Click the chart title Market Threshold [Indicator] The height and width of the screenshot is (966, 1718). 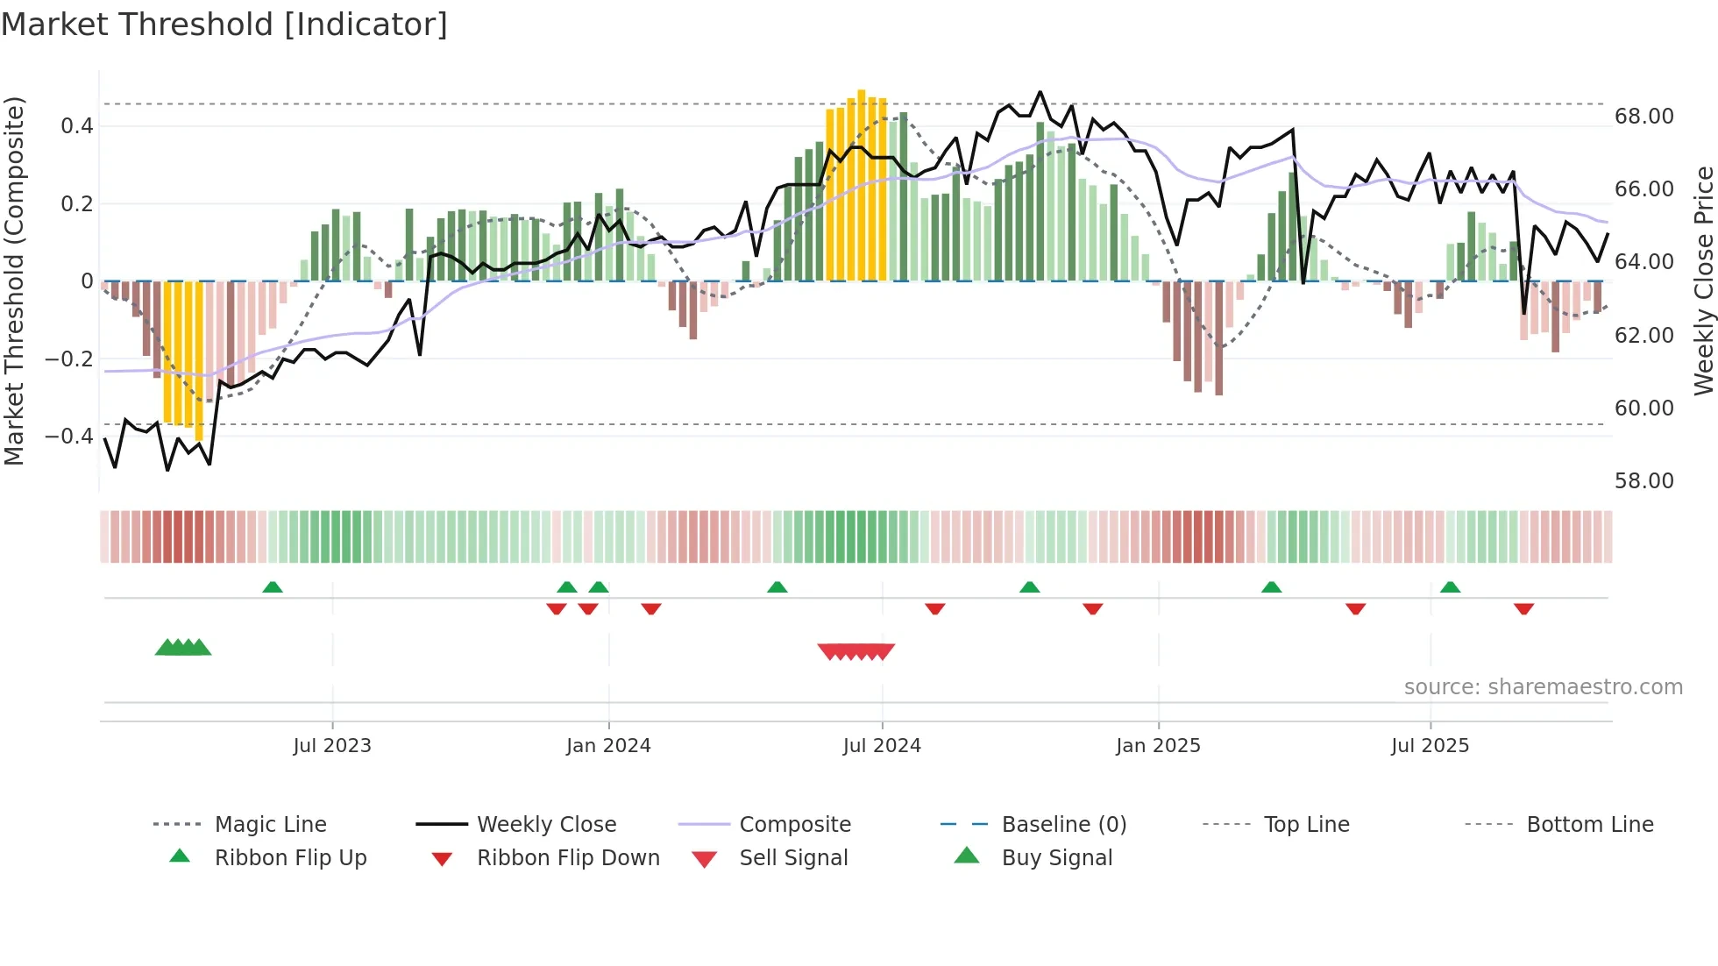(x=224, y=25)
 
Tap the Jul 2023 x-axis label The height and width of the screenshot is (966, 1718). (x=332, y=746)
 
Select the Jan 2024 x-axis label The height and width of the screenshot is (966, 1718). (x=608, y=746)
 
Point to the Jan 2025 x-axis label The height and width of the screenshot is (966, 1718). (x=1158, y=746)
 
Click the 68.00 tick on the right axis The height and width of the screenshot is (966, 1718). (x=1643, y=117)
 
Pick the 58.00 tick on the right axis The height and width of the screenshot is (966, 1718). (x=1643, y=481)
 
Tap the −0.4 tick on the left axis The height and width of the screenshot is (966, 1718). (x=69, y=437)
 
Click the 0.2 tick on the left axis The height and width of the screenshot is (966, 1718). (x=76, y=204)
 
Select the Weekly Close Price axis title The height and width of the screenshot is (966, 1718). (x=1703, y=281)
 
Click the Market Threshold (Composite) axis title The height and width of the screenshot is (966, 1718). (x=14, y=281)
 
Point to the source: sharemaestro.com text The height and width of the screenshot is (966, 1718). (x=1543, y=687)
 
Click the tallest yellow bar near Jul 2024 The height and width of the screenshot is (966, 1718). (x=862, y=184)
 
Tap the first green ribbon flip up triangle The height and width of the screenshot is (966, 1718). (x=273, y=587)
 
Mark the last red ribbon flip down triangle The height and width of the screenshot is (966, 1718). (x=1523, y=608)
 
